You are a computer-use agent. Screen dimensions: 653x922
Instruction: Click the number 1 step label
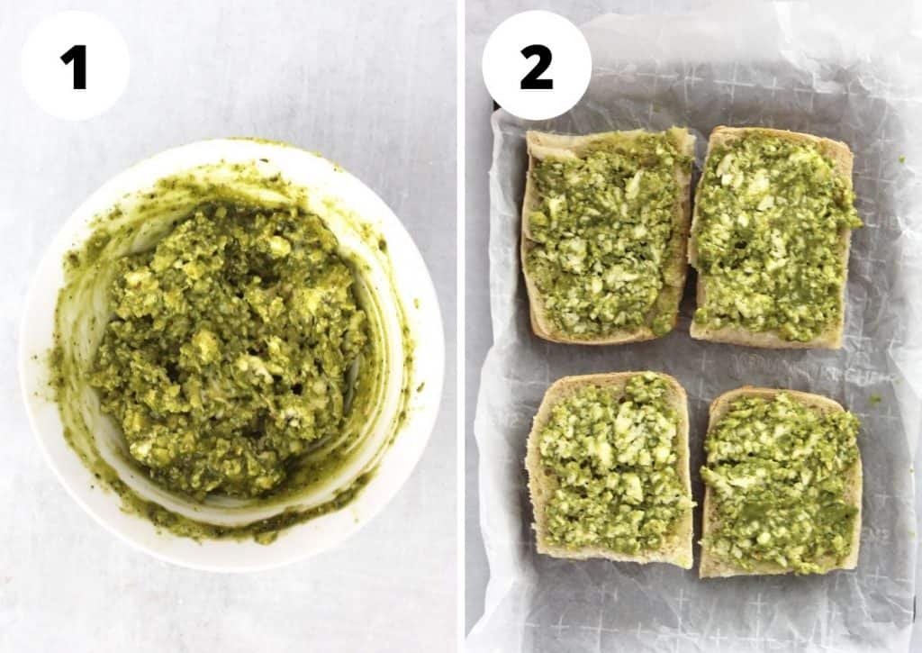pyautogui.click(x=75, y=66)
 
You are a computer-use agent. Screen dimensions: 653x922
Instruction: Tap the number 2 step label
pyautogui.click(x=536, y=66)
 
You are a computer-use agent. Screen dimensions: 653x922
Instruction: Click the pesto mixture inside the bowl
pyautogui.click(x=230, y=351)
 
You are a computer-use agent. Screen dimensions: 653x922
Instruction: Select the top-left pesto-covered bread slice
pyautogui.click(x=606, y=236)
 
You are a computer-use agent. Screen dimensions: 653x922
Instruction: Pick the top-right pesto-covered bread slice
pyautogui.click(x=772, y=236)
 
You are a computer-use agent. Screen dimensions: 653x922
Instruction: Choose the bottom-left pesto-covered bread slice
pyautogui.click(x=610, y=468)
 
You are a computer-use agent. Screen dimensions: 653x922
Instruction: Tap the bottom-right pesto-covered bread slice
pyautogui.click(x=780, y=481)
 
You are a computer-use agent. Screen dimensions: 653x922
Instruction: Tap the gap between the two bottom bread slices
pyautogui.click(x=698, y=477)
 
